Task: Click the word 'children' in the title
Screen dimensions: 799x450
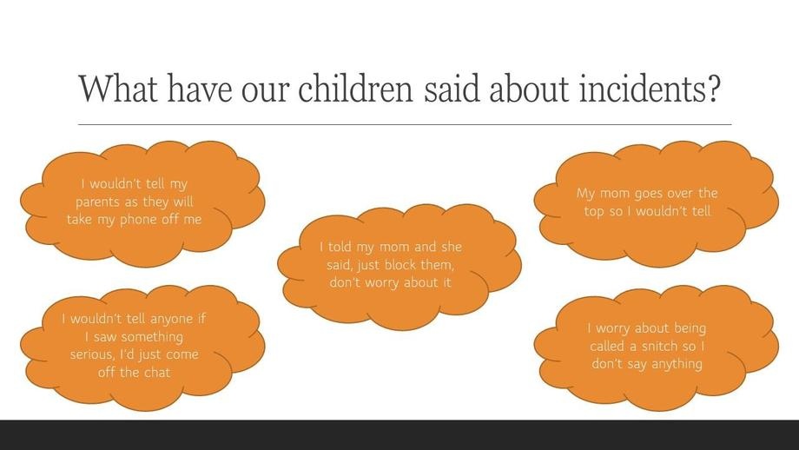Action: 355,88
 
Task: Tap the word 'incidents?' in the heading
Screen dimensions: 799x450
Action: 650,88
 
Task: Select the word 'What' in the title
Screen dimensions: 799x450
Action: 118,88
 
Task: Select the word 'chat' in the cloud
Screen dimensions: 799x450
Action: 157,373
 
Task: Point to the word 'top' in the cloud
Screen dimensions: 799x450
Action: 594,211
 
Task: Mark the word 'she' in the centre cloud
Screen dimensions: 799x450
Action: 452,248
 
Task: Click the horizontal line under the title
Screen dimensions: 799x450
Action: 405,124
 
